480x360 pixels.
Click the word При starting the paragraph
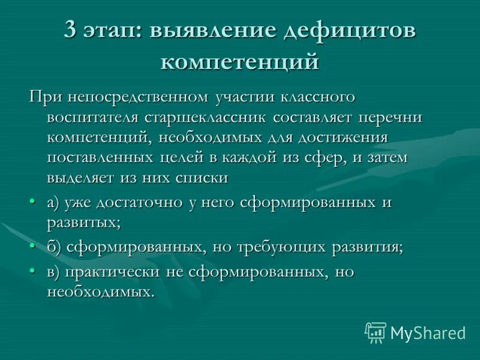[46, 97]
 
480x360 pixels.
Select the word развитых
[83, 223]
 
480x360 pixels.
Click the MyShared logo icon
[376, 332]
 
